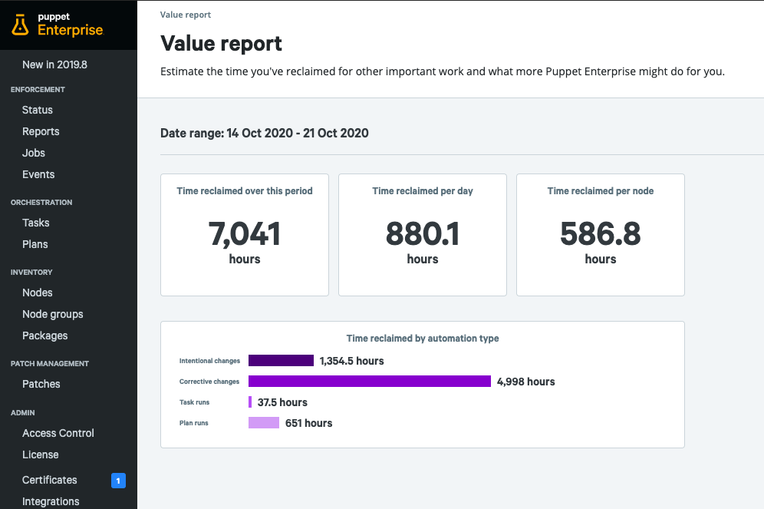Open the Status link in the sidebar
38,110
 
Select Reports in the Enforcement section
41,131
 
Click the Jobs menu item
34,153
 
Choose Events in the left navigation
38,174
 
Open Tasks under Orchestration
36,223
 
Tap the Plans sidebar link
35,244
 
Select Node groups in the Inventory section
53,314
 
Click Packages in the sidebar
45,335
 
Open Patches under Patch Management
41,384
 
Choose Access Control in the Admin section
58,433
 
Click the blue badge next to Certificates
118,481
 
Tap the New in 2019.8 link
54,64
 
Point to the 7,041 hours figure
245,233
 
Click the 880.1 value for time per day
423,233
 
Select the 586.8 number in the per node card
601,233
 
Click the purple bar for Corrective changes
370,382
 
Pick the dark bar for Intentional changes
281,361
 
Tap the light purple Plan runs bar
264,423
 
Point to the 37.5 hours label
282,402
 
